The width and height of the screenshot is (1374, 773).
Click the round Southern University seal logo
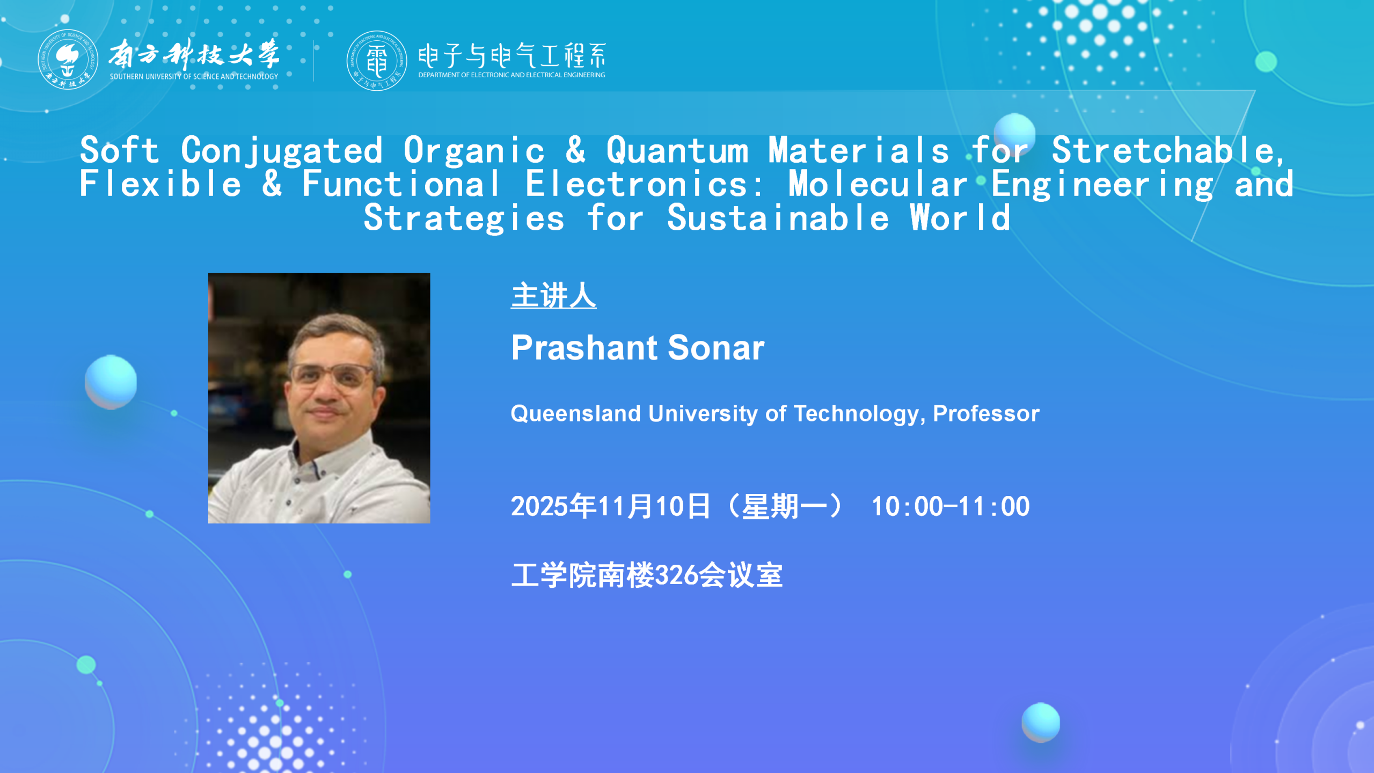pyautogui.click(x=68, y=60)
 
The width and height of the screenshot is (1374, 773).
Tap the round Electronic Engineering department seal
pyautogui.click(x=376, y=61)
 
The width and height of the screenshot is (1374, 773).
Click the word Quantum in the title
pyautogui.click(x=677, y=150)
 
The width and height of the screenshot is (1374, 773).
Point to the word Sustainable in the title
pyautogui.click(x=778, y=218)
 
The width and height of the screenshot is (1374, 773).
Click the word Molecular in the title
pyautogui.click(x=878, y=184)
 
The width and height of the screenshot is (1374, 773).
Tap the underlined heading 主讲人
pyautogui.click(x=553, y=296)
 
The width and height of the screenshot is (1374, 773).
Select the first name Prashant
pyautogui.click(x=584, y=348)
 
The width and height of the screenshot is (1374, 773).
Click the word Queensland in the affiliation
pyautogui.click(x=576, y=414)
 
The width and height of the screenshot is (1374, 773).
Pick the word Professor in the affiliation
pyautogui.click(x=986, y=414)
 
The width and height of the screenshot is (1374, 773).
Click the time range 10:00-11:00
pyautogui.click(x=951, y=507)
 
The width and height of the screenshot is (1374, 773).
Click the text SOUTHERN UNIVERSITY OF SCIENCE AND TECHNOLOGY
pyautogui.click(x=194, y=77)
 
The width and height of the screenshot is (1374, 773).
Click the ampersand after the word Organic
pyautogui.click(x=575, y=150)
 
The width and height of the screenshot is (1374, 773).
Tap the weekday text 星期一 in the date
pyautogui.click(x=785, y=507)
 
